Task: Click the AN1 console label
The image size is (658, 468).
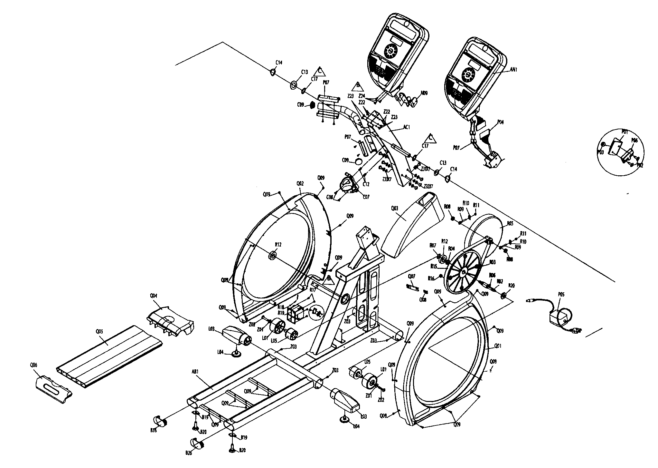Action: [513, 69]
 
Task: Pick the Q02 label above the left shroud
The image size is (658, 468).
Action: [300, 184]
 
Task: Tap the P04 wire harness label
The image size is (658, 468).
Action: [501, 122]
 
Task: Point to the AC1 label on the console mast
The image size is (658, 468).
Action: [407, 127]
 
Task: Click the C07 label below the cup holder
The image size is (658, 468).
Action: [366, 197]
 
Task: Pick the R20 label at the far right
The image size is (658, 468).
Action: [511, 286]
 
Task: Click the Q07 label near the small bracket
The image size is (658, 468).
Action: [412, 276]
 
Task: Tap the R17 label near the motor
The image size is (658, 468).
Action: [312, 290]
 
